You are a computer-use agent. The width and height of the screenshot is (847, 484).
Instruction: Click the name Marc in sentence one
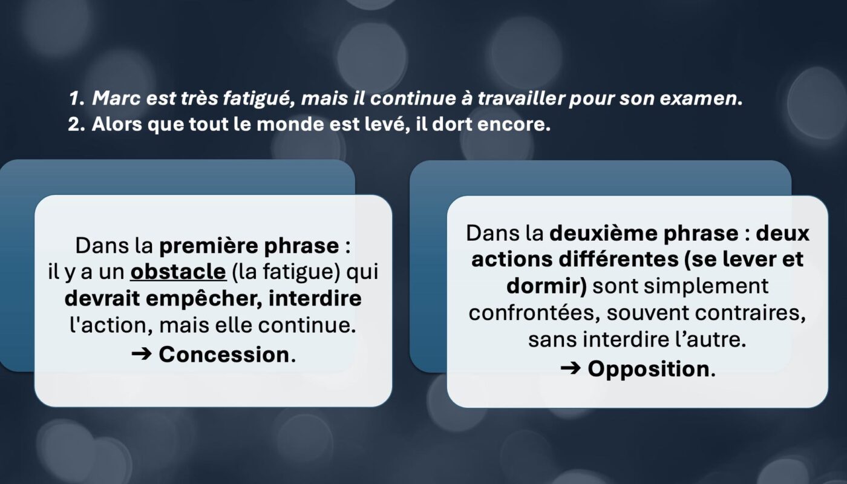(x=116, y=98)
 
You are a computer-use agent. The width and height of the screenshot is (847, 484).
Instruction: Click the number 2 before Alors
(x=74, y=125)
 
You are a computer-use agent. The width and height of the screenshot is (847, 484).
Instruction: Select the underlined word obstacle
(x=178, y=272)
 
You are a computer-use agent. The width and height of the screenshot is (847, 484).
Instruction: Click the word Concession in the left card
(x=224, y=355)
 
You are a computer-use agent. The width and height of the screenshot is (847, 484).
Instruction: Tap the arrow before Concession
(x=142, y=355)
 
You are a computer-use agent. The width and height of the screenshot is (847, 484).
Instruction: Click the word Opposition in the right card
(x=649, y=368)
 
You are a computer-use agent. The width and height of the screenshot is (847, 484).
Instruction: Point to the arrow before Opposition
(x=570, y=368)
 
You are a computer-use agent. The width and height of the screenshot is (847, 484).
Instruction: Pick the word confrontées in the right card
(x=534, y=313)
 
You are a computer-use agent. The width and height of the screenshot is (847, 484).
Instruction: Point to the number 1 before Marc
(x=74, y=99)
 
